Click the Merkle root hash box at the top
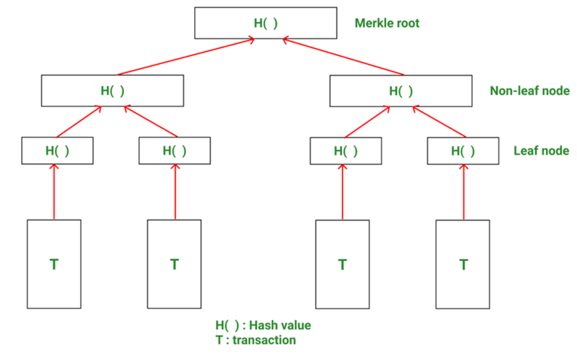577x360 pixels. (265, 23)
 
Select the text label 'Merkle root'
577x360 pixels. (386, 23)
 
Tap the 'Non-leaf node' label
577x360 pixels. (529, 91)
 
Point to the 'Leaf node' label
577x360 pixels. (541, 150)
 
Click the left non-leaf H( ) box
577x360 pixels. (112, 91)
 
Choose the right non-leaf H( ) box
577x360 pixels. (401, 91)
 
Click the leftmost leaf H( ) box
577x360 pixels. (57, 151)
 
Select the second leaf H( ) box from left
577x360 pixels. (174, 151)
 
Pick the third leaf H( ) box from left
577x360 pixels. (346, 151)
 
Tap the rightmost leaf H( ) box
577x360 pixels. (463, 151)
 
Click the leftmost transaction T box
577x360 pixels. (54, 264)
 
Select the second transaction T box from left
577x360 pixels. (174, 264)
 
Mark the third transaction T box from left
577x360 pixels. (343, 264)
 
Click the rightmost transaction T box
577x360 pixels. (463, 264)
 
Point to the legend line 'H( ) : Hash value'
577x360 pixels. (263, 325)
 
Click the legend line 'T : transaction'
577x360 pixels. (255, 340)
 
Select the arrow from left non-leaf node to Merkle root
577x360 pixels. (186, 57)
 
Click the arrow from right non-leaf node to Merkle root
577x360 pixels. (343, 57)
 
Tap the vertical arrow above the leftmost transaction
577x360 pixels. (55, 192)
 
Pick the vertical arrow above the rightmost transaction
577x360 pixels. (463, 192)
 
